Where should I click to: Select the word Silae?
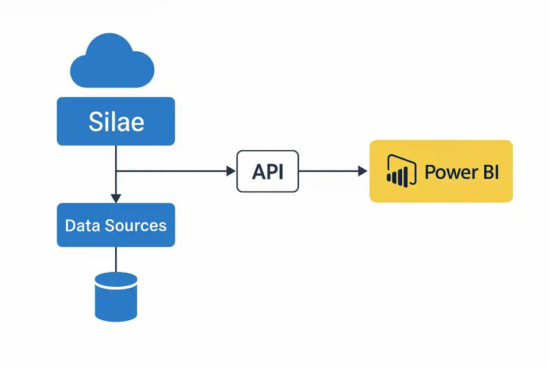click(x=116, y=122)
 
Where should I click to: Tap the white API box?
click(x=268, y=171)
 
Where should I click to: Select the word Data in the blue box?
click(x=80, y=225)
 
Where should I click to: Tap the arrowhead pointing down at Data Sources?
click(x=116, y=198)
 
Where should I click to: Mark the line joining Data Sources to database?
click(x=116, y=259)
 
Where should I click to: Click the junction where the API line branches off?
click(x=116, y=171)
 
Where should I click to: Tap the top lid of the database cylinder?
click(x=116, y=279)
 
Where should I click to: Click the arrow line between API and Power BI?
click(x=329, y=171)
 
